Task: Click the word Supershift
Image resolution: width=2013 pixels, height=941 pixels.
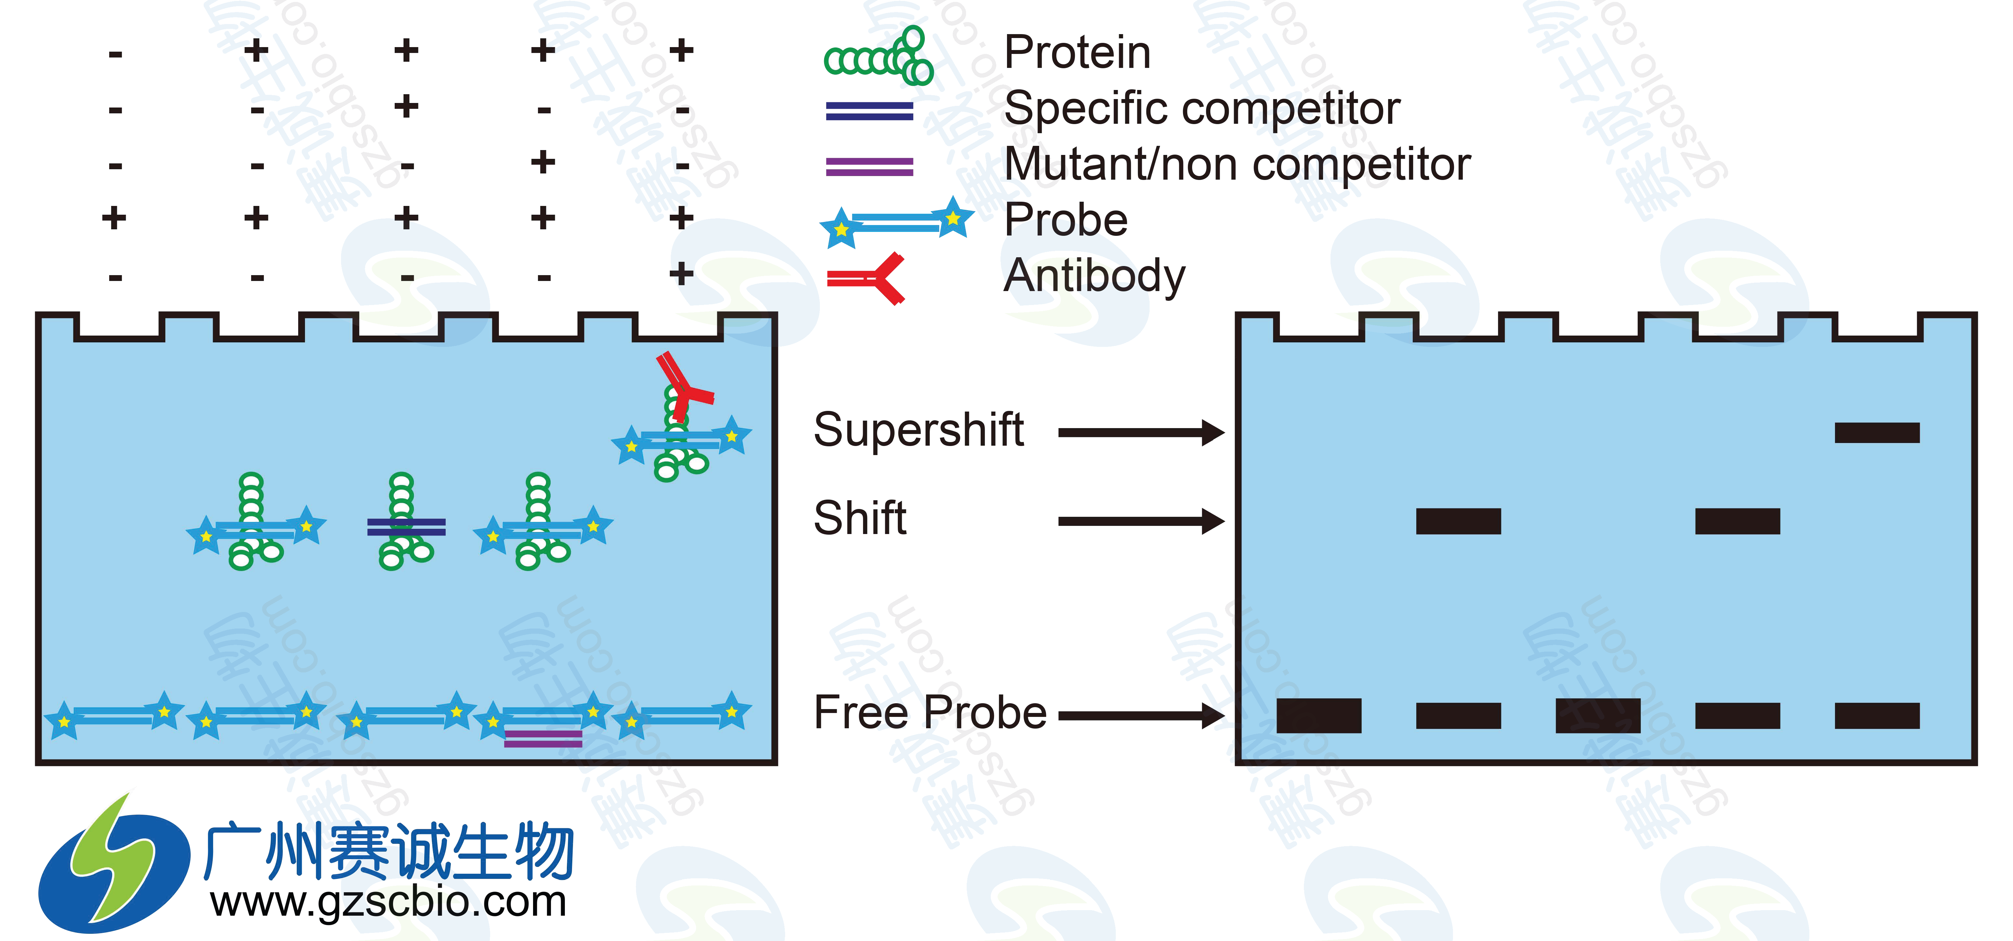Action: [918, 430]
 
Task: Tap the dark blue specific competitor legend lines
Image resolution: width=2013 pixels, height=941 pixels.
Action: [869, 111]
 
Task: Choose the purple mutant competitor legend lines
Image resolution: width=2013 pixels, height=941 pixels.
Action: [869, 167]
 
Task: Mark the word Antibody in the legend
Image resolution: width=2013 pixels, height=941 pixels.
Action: [1094, 276]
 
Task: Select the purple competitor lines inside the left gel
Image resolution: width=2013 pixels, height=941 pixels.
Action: [543, 739]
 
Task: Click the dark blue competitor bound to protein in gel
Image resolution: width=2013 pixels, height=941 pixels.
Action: [406, 528]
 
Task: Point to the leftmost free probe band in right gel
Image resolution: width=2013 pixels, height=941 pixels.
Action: [1318, 715]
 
